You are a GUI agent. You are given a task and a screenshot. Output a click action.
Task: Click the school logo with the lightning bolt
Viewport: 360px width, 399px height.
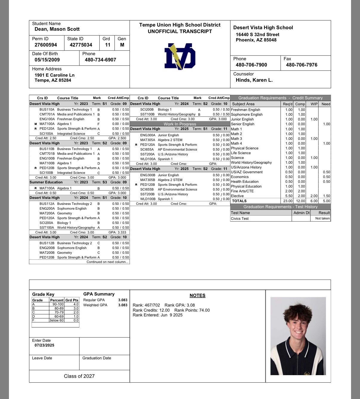click(180, 57)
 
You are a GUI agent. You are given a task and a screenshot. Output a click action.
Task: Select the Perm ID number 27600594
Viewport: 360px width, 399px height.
click(46, 45)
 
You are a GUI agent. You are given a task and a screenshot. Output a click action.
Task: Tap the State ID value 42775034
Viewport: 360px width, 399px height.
click(81, 45)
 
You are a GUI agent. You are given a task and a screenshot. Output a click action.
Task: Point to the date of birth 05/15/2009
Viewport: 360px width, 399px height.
click(47, 60)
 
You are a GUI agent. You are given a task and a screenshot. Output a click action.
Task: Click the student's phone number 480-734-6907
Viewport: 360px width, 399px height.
click(100, 60)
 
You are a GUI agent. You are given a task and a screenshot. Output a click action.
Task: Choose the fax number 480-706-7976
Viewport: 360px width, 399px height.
click(301, 65)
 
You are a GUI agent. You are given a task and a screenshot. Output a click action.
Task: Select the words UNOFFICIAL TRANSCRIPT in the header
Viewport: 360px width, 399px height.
click(180, 32)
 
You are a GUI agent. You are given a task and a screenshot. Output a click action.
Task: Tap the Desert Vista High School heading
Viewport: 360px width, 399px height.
click(263, 28)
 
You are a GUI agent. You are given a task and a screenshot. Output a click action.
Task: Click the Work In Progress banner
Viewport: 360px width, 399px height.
click(180, 124)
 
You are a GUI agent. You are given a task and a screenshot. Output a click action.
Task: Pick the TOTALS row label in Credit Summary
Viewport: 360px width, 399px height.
click(239, 201)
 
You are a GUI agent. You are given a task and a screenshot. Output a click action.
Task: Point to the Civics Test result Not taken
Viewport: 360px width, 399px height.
click(322, 219)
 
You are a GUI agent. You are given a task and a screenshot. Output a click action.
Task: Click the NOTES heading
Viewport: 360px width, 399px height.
click(197, 296)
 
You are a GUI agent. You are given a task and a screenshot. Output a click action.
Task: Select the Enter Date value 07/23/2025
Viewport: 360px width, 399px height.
click(44, 345)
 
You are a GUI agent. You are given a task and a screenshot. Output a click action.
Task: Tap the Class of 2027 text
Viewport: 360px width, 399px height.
click(79, 376)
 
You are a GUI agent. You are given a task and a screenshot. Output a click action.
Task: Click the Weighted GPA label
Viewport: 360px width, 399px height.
click(95, 305)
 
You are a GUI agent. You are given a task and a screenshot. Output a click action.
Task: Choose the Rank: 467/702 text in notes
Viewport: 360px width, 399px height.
click(146, 305)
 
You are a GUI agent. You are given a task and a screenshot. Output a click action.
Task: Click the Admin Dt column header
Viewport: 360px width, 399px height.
click(301, 213)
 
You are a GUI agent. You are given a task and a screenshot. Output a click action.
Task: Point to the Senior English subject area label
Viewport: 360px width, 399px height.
click(243, 124)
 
